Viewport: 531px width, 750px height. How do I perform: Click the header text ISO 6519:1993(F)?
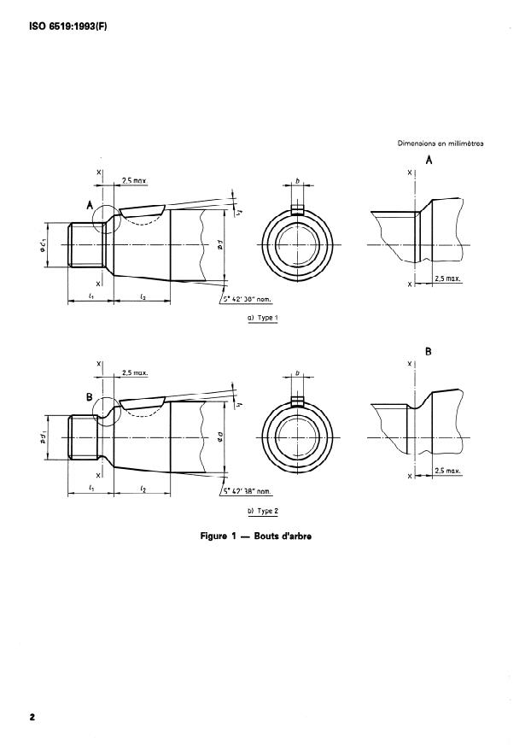pyautogui.click(x=59, y=26)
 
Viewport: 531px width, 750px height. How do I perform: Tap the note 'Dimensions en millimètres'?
pyautogui.click(x=441, y=144)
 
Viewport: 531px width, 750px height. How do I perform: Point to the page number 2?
pyautogui.click(x=32, y=718)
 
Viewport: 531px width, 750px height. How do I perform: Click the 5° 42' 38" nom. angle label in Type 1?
pyautogui.click(x=248, y=299)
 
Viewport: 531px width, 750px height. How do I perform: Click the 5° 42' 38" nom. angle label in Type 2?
pyautogui.click(x=248, y=492)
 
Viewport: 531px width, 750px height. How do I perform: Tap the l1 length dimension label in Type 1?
pyautogui.click(x=90, y=295)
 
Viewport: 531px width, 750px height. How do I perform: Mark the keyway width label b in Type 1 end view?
pyautogui.click(x=296, y=182)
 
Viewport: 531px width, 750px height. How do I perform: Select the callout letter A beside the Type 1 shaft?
pyautogui.click(x=89, y=204)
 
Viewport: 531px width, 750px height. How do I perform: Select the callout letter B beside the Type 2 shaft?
pyautogui.click(x=89, y=396)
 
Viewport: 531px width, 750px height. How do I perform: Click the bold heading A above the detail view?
pyautogui.click(x=429, y=160)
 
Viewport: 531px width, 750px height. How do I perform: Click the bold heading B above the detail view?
pyautogui.click(x=429, y=351)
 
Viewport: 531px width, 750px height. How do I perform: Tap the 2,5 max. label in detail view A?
pyautogui.click(x=448, y=278)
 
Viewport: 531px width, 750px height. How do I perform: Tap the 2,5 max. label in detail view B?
pyautogui.click(x=448, y=471)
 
